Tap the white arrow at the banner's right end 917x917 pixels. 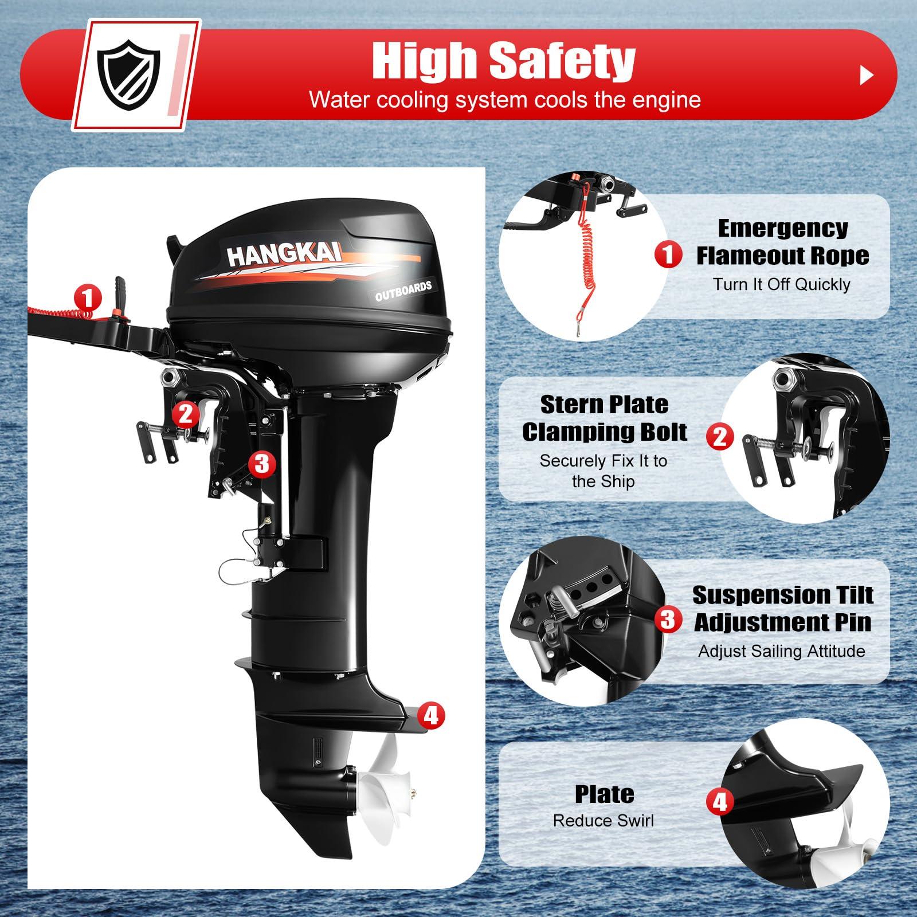867,75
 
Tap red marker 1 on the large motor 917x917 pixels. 88,298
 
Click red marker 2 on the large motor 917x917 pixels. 186,413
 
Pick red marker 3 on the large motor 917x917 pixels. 261,463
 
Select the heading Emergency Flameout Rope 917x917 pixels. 782,242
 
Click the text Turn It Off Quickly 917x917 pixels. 781,284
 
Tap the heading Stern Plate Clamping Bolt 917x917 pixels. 604,418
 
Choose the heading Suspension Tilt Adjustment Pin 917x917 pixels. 782,609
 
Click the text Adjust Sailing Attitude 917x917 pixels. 781,651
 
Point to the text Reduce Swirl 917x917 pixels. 603,821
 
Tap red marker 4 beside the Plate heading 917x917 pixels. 719,801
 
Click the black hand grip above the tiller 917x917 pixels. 120,284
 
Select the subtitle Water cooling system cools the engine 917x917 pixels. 504,100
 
